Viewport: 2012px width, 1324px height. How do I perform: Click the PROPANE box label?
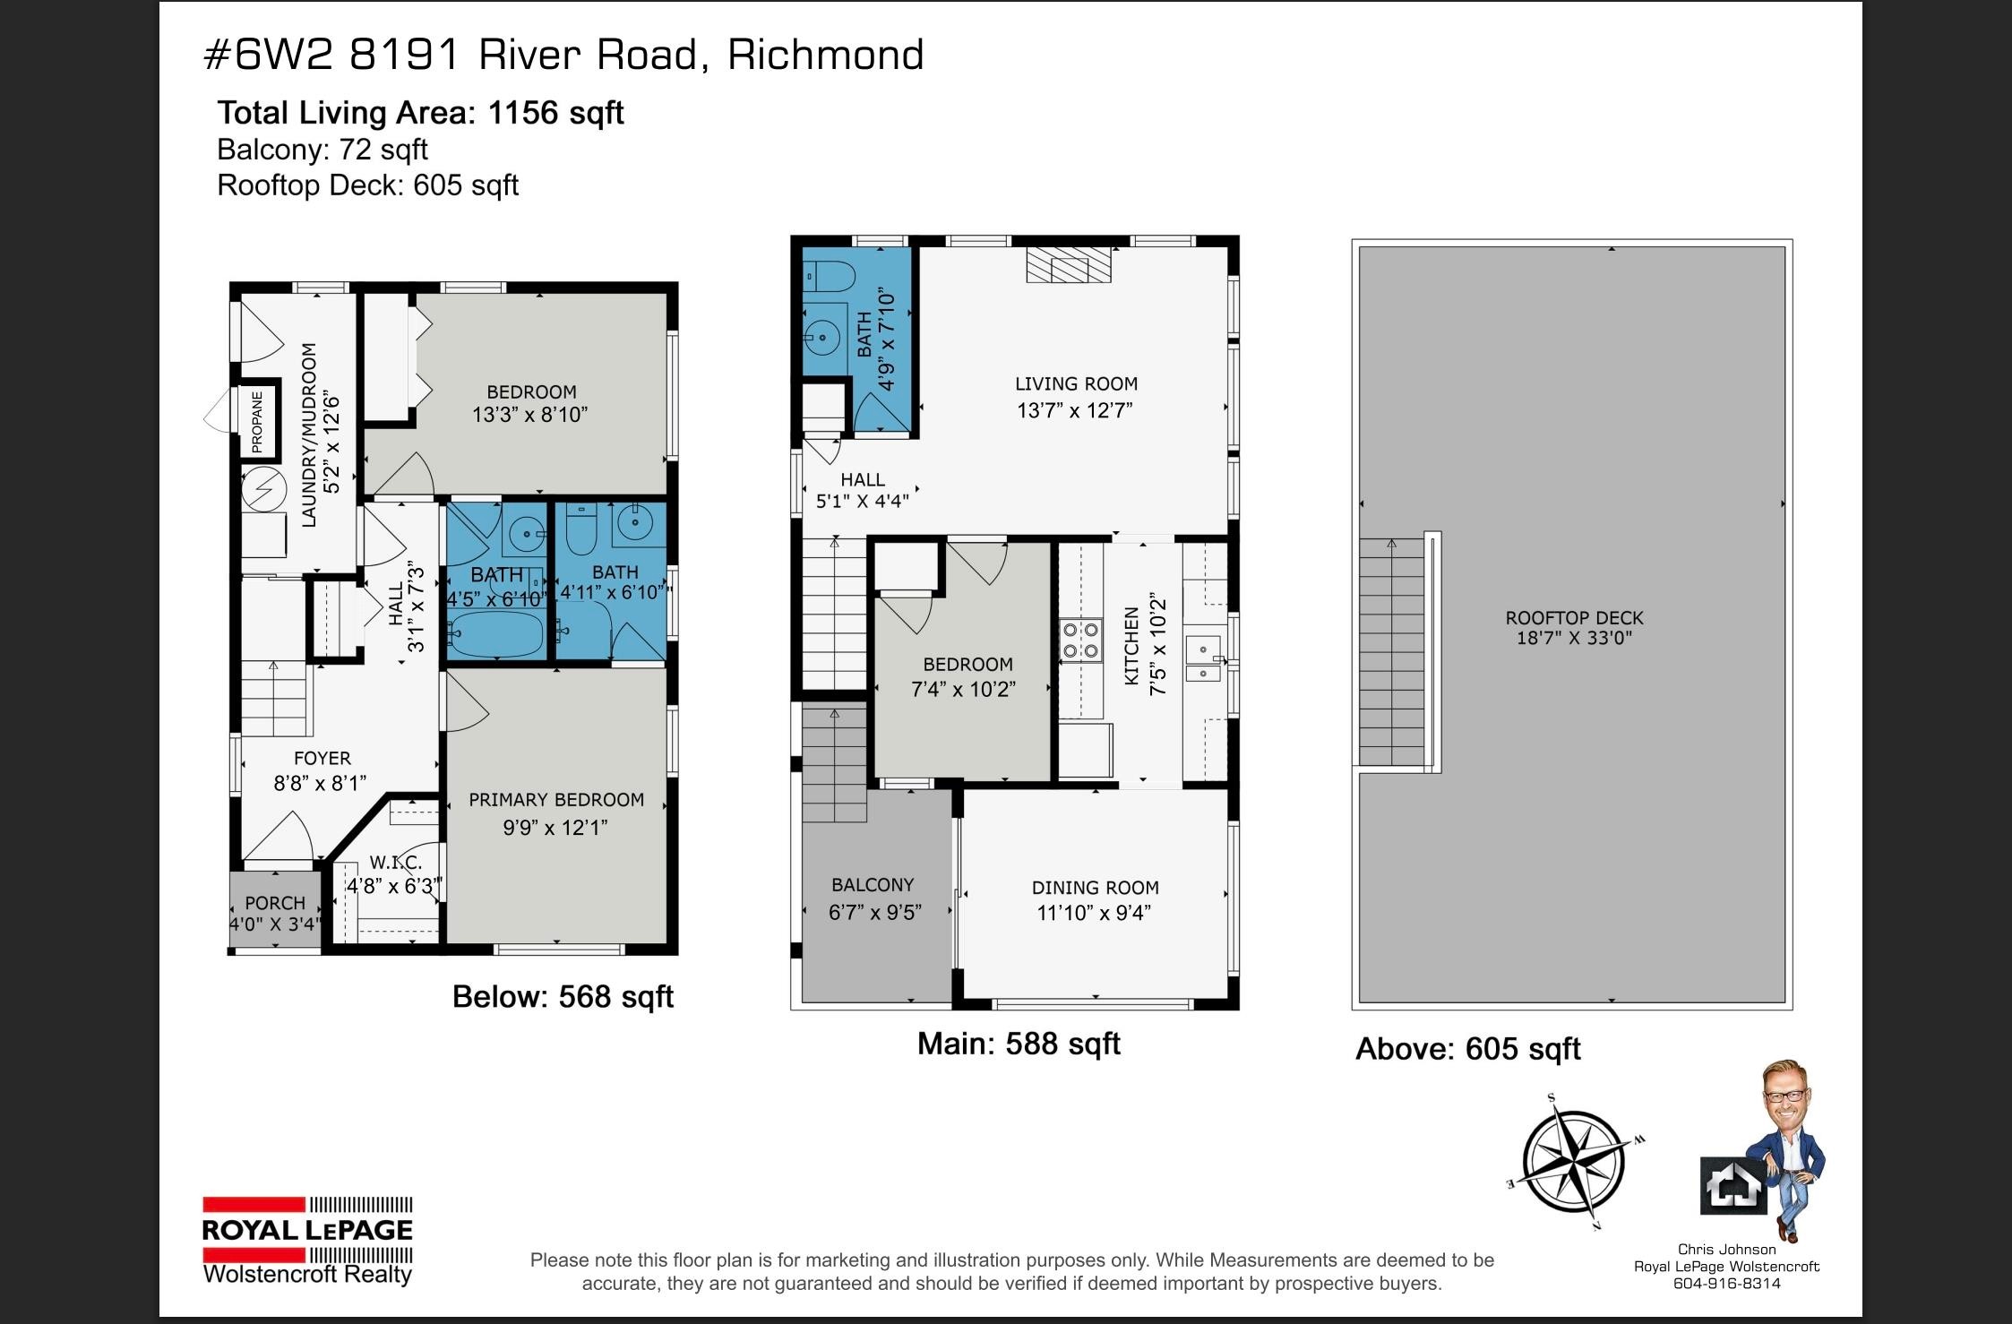click(x=257, y=421)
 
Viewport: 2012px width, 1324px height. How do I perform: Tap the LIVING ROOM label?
click(x=1076, y=384)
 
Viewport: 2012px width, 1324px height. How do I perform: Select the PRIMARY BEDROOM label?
click(x=556, y=800)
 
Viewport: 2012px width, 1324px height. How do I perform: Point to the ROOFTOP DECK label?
click(x=1574, y=618)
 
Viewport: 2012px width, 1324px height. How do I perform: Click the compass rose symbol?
click(x=1574, y=1162)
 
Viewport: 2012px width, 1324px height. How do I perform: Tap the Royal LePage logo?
click(x=307, y=1240)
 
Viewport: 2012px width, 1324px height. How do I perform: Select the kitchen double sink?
click(x=1203, y=660)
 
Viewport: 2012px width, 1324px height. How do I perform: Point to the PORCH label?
click(x=275, y=903)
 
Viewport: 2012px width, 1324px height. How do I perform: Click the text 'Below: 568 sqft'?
click(x=563, y=997)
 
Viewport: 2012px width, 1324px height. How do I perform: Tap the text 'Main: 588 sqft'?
click(x=1019, y=1044)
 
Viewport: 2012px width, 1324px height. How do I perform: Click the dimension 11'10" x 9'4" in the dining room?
click(x=1095, y=913)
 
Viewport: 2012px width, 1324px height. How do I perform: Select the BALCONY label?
click(x=873, y=885)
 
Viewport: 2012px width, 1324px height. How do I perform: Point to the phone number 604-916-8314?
click(x=1726, y=1284)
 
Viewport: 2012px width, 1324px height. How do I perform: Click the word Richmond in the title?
click(x=825, y=55)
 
